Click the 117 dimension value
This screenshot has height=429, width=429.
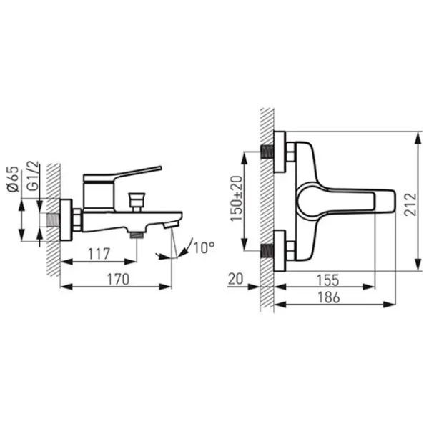point(99,254)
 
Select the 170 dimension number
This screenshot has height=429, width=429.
point(118,280)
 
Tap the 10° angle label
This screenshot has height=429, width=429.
point(204,247)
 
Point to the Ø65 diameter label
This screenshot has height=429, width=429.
point(14,179)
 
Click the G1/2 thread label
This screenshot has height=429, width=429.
point(33,176)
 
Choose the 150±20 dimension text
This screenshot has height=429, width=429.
point(237,198)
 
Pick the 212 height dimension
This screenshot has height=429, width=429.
point(410,204)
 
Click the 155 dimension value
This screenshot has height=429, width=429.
point(327,280)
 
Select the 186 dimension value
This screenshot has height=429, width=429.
point(329,297)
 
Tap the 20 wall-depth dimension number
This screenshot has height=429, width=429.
point(235,279)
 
